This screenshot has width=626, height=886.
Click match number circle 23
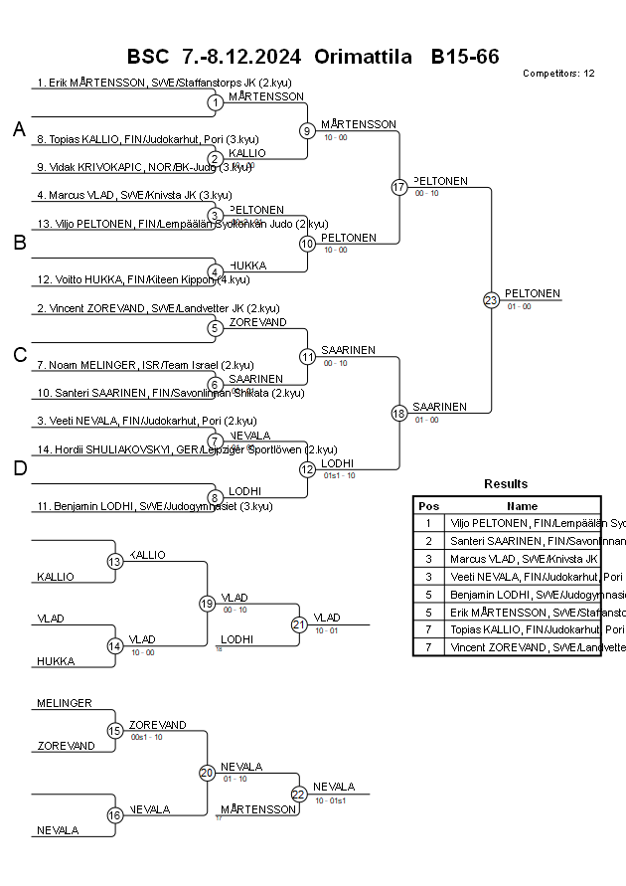491,299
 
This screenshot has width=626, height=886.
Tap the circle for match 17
399,187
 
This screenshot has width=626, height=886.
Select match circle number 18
399,413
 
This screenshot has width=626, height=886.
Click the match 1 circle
215,102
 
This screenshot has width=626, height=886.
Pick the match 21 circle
299,623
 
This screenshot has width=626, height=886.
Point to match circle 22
299,794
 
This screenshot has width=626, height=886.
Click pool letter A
18,130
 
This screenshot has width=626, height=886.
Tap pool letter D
18,468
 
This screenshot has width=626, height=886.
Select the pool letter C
18,355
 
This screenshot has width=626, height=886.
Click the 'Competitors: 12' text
558,74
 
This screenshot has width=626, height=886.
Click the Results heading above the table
506,484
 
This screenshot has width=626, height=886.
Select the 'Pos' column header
428,506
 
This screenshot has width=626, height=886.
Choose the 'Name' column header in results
522,506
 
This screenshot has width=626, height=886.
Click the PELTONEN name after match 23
533,293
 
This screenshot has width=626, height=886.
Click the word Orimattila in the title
363,57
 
